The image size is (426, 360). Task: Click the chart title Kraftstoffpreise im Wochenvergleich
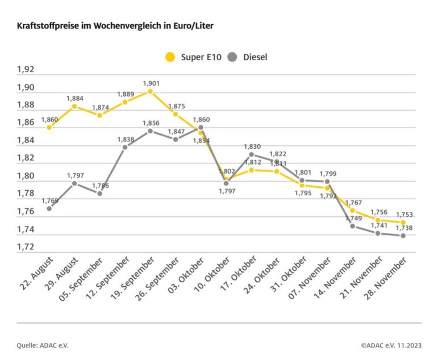coord(116,26)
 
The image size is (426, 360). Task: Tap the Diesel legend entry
coord(248,57)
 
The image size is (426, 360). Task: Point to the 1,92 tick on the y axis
coord(26,70)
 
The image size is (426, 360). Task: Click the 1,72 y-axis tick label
coord(26,247)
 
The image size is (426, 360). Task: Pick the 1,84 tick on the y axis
coord(26,141)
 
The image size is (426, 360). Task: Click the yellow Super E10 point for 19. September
coord(150,91)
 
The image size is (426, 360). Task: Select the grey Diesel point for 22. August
coord(49,208)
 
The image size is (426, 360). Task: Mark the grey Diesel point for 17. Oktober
coord(251,154)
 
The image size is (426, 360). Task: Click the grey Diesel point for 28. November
coord(403,236)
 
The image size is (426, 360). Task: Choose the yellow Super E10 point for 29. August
coord(74,106)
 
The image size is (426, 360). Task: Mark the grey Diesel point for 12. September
coord(125,147)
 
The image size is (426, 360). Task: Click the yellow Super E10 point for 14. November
coord(352,210)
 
